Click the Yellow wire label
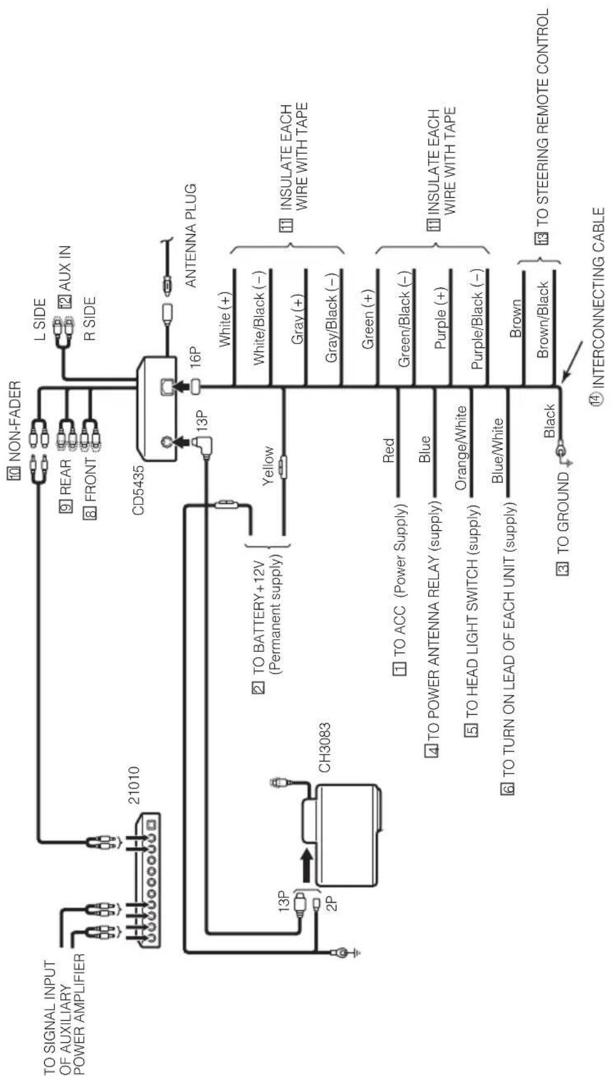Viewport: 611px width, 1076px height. point(268,466)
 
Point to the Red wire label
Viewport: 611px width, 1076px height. point(388,450)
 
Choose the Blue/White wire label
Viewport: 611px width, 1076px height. point(497,450)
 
